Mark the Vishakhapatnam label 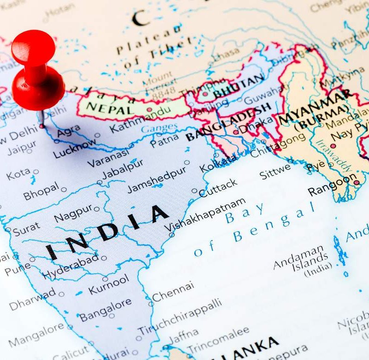[x=206, y=215]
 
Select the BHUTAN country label [x=238, y=86]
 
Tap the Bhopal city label [x=42, y=192]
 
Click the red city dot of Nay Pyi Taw [x=333, y=146]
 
